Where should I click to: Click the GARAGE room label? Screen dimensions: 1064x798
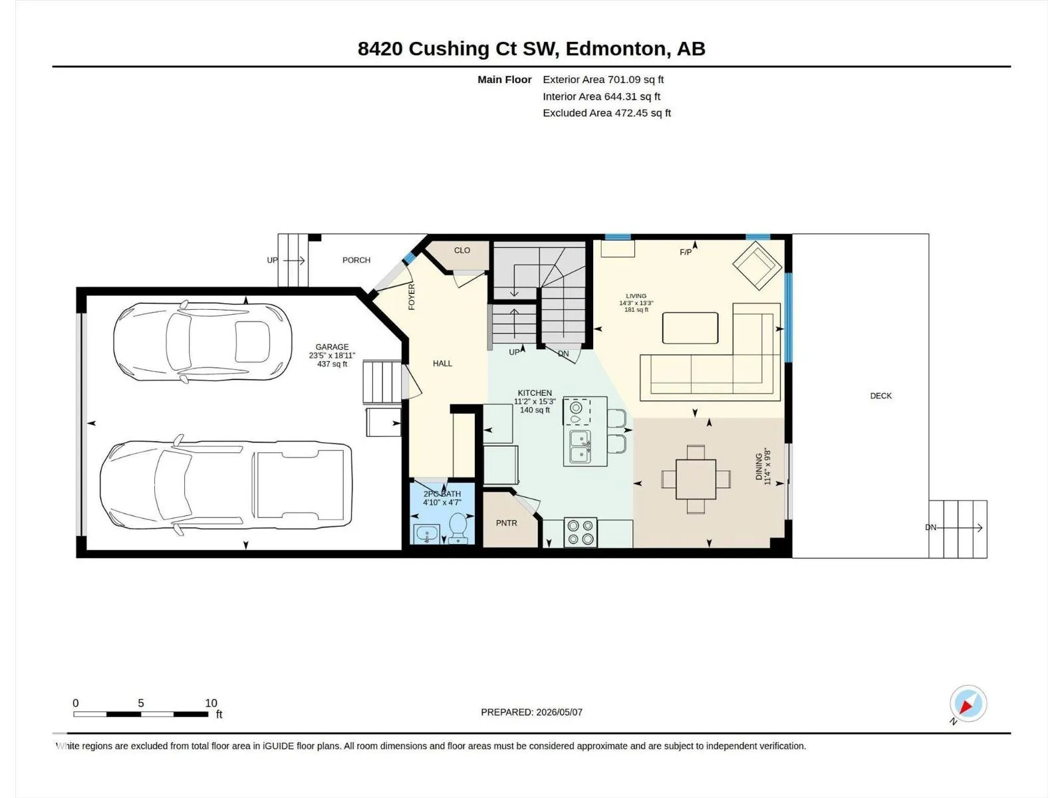pyautogui.click(x=332, y=347)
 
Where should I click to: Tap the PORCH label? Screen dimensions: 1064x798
pyautogui.click(x=356, y=260)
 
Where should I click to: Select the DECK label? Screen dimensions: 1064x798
pyautogui.click(x=880, y=396)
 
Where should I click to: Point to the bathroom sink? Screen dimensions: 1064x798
pyautogui.click(x=426, y=535)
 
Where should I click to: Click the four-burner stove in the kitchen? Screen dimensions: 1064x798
pyautogui.click(x=581, y=532)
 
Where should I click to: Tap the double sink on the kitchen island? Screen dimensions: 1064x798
pyautogui.click(x=581, y=446)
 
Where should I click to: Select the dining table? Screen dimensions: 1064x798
pyautogui.click(x=696, y=479)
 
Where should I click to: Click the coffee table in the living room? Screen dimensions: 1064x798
pyautogui.click(x=690, y=328)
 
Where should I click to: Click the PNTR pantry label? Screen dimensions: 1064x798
pyautogui.click(x=507, y=523)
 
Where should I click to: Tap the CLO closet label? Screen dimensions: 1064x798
pyautogui.click(x=462, y=251)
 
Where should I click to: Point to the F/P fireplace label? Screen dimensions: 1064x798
pyautogui.click(x=686, y=253)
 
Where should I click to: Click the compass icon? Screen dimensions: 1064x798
pyautogui.click(x=968, y=704)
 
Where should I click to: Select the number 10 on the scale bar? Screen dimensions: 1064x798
pyautogui.click(x=211, y=703)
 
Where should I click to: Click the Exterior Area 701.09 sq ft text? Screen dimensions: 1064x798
pyautogui.click(x=603, y=79)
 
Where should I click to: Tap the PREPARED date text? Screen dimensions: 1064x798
pyautogui.click(x=532, y=712)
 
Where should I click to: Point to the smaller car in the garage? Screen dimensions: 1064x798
pyautogui.click(x=203, y=342)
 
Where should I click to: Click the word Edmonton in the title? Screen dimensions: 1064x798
pyautogui.click(x=616, y=49)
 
